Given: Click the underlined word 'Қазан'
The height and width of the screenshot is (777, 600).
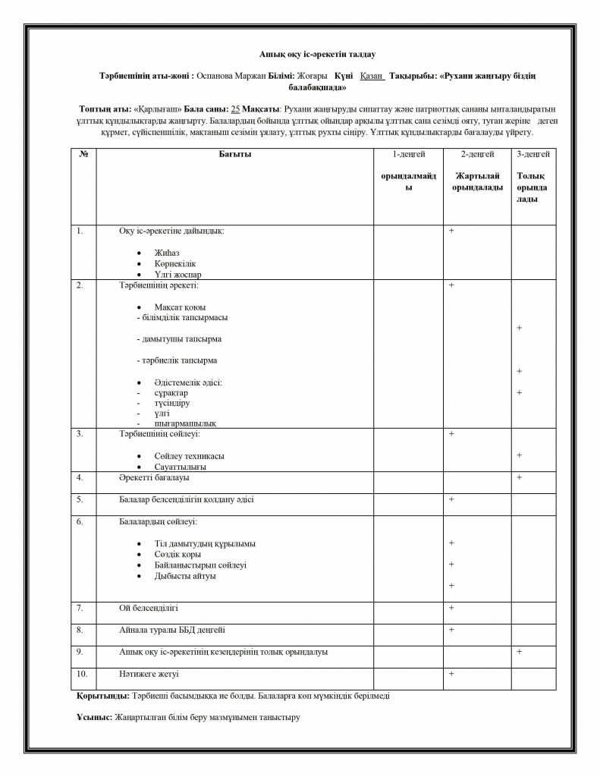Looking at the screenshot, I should [x=371, y=77].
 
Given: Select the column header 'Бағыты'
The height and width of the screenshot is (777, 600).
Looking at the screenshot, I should [x=234, y=155].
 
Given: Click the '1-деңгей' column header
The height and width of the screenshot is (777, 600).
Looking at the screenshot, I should [x=407, y=155].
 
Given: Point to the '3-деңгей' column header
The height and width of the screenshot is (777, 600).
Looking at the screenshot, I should [x=532, y=155].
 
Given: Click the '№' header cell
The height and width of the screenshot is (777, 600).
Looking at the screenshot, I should [x=83, y=155].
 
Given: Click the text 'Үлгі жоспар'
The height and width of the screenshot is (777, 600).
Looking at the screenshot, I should [x=177, y=274].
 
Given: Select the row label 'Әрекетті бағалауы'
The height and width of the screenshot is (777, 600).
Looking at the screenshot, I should [x=154, y=479].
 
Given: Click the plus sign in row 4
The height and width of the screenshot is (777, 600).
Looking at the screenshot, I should [x=519, y=477].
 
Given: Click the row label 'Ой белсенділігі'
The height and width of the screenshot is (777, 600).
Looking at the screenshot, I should [x=149, y=609].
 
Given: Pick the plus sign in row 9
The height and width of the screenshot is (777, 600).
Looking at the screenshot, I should [x=519, y=651].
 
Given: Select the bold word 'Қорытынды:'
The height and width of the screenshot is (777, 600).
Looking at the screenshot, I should [x=103, y=695].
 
